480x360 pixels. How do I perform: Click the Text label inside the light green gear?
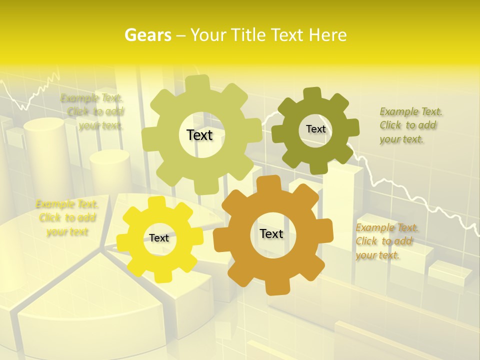click(199, 135)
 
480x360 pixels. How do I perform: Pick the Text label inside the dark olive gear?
click(315, 129)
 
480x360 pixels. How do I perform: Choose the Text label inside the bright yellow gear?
click(159, 238)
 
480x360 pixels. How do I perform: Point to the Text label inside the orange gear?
click(271, 233)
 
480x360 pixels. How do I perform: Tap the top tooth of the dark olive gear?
click(311, 93)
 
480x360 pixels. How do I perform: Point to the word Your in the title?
click(207, 35)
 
